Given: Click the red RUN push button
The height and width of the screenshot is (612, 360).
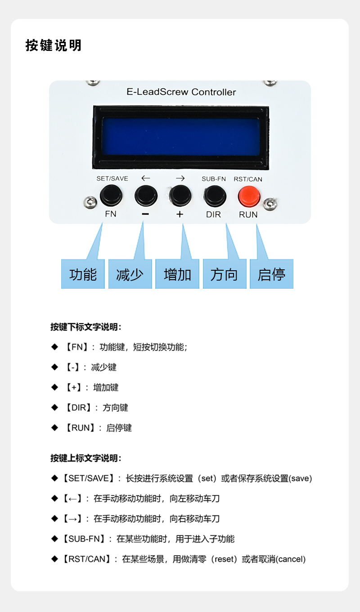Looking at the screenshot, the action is (x=249, y=196).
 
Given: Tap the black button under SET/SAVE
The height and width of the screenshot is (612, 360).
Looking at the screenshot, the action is (x=111, y=195).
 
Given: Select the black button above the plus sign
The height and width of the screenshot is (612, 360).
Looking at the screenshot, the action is (x=180, y=196).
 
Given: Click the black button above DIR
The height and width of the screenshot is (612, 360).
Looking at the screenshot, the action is (x=215, y=196).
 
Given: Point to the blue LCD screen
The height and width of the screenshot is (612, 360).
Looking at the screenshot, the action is (x=181, y=137).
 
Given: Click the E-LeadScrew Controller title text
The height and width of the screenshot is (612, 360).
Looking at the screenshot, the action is (x=181, y=92).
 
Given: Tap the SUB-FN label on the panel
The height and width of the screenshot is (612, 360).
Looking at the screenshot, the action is (x=214, y=179).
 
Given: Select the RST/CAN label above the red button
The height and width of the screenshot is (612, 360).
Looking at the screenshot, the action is (x=248, y=179).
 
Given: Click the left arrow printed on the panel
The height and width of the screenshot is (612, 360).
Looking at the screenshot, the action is (x=146, y=178).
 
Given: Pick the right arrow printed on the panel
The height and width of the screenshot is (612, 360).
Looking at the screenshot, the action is (x=180, y=179).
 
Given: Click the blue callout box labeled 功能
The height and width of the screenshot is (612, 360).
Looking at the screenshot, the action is (x=83, y=274).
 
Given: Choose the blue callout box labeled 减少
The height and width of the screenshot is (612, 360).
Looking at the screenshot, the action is (x=130, y=274).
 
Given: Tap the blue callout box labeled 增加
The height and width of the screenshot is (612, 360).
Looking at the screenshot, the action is (x=177, y=274).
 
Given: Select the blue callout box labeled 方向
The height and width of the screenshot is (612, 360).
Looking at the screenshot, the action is (x=225, y=274).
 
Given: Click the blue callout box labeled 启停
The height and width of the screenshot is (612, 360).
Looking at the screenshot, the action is (x=271, y=274).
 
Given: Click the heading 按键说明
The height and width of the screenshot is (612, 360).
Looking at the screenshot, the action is (x=54, y=45).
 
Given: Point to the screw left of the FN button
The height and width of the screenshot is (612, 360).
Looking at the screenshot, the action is (x=90, y=202).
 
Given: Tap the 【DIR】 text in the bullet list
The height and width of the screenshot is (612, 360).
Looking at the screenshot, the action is (x=78, y=407).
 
